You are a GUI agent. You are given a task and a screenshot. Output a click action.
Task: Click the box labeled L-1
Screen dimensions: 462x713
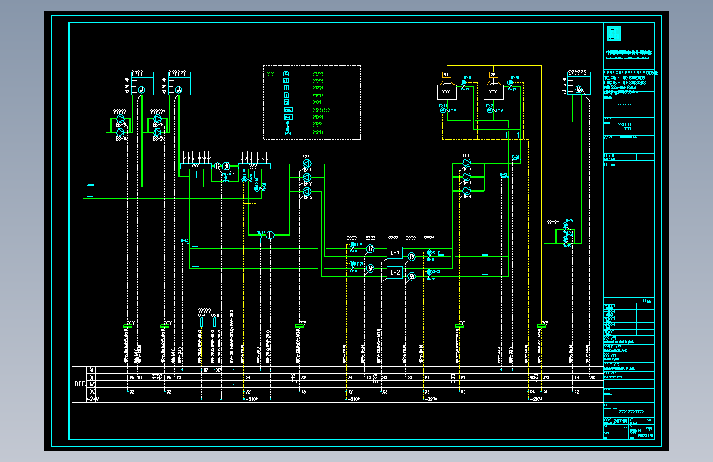coord(395,252)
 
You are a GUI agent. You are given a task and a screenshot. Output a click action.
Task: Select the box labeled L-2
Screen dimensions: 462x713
coord(395,272)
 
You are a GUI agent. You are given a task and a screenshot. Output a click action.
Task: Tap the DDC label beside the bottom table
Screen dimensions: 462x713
coord(80,384)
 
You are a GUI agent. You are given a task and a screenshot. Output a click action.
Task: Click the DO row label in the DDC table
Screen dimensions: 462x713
coord(91,391)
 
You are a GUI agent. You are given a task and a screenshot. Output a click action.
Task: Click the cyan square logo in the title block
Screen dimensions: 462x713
coord(613,35)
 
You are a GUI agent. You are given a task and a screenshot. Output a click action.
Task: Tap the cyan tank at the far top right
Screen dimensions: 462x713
coord(578,84)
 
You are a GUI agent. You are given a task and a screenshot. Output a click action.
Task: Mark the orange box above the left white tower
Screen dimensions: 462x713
coord(446,74)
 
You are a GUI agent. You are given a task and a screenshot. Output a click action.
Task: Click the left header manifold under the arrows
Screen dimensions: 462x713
coord(197,167)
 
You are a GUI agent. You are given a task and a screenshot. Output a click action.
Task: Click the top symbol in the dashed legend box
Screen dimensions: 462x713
coord(286,74)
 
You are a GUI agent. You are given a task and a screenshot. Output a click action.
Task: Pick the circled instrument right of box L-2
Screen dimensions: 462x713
coord(412,277)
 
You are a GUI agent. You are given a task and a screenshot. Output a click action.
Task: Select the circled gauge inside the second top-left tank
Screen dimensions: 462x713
coord(178,90)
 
